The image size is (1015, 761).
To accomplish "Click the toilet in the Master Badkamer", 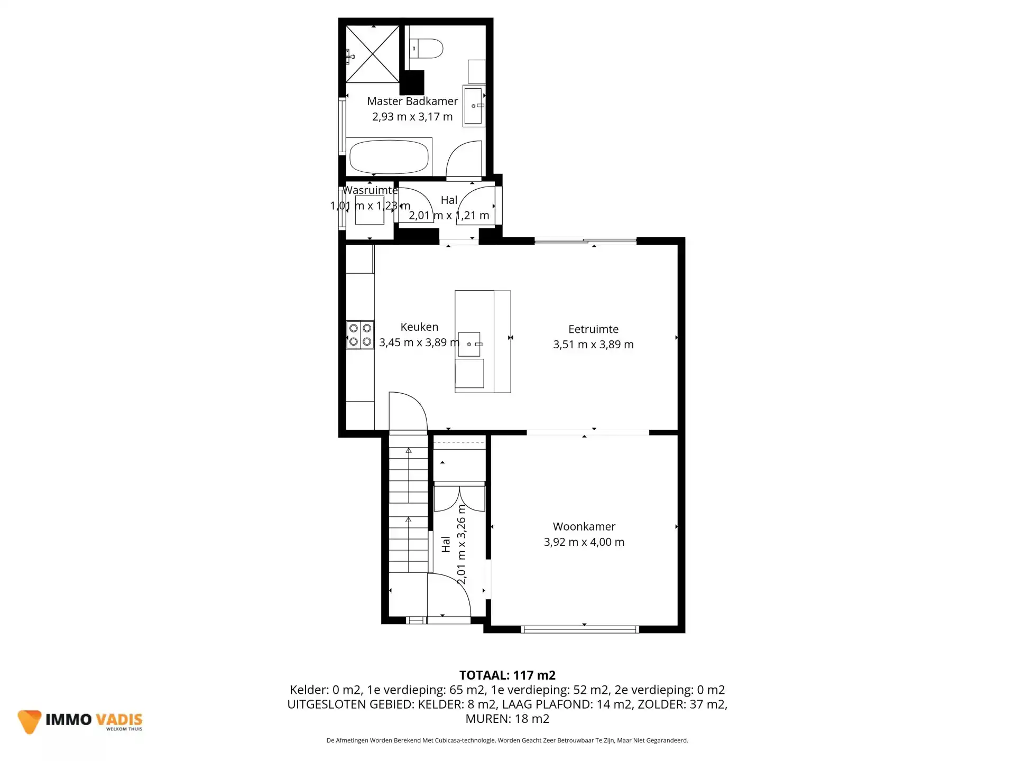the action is (426, 48).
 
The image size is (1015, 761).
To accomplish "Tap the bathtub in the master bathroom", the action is (389, 156).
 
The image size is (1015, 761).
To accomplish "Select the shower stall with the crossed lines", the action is (373, 54).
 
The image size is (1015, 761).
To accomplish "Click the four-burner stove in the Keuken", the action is (360, 335).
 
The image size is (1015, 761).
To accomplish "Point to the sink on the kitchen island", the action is (469, 344).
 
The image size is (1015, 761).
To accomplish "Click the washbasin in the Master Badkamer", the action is (474, 106).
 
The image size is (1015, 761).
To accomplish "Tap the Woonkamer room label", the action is (584, 526).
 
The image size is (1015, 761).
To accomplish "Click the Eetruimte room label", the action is (593, 329).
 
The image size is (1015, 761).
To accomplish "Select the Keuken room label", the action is (419, 327).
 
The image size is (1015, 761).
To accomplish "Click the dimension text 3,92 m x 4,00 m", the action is (584, 542).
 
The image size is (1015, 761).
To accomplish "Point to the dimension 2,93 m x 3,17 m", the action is (412, 117).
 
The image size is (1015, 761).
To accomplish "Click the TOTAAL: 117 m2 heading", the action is (508, 675).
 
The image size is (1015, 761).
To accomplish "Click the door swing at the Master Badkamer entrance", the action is (464, 158).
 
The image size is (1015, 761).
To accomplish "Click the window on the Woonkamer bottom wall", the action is (580, 629).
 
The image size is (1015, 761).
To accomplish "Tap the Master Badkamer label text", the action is (412, 101).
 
